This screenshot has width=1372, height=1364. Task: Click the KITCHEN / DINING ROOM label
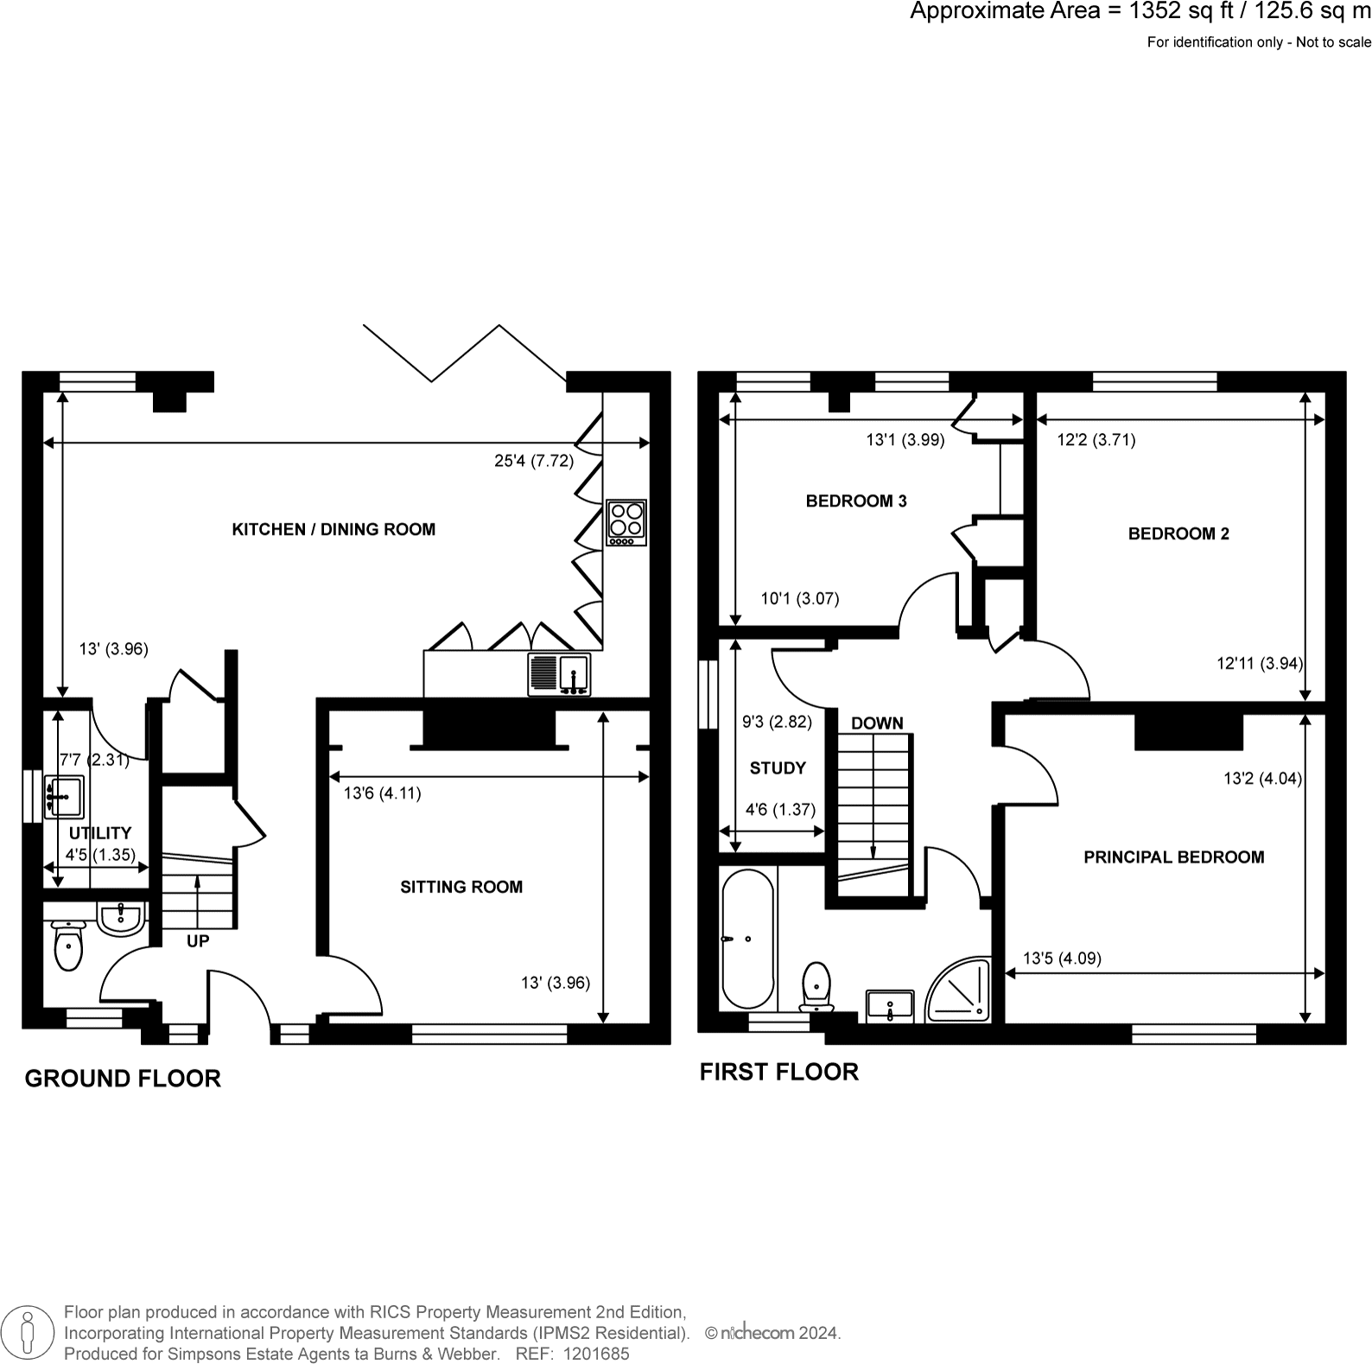tap(333, 529)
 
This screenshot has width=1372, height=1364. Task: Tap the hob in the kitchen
tap(626, 522)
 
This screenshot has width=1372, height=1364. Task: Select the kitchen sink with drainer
tap(559, 675)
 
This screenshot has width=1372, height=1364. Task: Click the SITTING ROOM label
tap(461, 887)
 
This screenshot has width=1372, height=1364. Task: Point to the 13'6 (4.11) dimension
tap(382, 794)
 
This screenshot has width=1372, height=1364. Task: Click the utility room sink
tap(64, 797)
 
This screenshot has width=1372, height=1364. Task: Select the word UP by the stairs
tap(198, 941)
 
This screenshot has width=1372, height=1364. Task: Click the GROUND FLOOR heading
tap(123, 1079)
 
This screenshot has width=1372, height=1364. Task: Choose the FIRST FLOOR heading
tap(778, 1072)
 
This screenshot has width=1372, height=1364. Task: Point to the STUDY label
tap(778, 768)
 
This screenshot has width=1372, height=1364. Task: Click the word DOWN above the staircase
tap(877, 723)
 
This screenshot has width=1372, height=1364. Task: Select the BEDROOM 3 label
tap(856, 501)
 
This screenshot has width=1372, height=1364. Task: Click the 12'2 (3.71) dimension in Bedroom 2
tap(1096, 440)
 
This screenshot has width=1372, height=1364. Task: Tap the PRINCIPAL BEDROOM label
tap(1173, 857)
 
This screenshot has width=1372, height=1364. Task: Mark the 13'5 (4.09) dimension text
tap(1062, 958)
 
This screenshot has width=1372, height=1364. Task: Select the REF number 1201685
tap(595, 1354)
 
